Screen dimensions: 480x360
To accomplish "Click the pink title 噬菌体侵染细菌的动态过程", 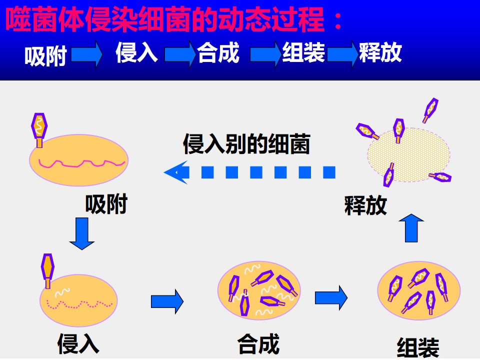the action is (x=165, y=19).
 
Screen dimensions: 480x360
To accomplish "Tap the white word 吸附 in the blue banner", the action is (x=45, y=56).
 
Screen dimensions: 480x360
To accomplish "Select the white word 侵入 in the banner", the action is (x=136, y=52).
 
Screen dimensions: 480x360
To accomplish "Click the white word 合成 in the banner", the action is (x=218, y=52).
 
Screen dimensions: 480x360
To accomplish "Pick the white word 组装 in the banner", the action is (x=303, y=52).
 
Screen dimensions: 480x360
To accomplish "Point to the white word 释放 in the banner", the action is (x=380, y=52).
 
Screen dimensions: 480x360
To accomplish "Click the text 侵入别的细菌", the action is (x=246, y=143).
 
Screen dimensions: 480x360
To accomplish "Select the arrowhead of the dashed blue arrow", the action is (x=177, y=172).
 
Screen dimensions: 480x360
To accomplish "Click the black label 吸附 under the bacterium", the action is (x=106, y=204).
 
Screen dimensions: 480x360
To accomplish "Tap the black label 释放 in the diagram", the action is (x=365, y=205).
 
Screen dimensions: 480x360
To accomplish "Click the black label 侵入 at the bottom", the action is (x=78, y=344).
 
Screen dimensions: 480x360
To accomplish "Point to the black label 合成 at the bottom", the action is (x=258, y=344).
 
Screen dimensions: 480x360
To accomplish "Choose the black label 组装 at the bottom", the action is (x=418, y=348).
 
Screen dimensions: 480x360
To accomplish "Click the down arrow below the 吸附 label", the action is (x=81, y=233).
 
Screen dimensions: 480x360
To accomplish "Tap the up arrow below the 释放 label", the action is (x=411, y=228).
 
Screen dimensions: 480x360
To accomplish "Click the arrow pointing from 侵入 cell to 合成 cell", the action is (x=167, y=301).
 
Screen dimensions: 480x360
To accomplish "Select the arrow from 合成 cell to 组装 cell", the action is (x=331, y=297).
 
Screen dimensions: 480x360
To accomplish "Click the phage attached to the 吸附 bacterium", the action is (x=39, y=130).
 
